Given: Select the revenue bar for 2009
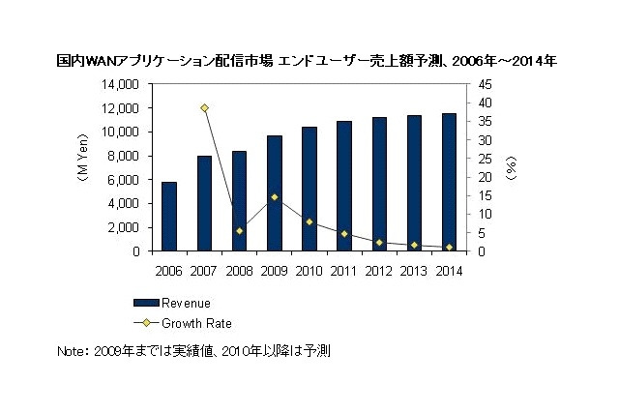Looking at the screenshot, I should point(274,193).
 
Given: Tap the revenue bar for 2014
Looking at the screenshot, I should point(449,183).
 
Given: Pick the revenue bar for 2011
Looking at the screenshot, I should point(343,186).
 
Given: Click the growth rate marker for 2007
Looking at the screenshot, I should point(204,108).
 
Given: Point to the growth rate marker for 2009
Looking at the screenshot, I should point(274,197).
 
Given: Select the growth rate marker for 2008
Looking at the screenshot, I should point(239,231).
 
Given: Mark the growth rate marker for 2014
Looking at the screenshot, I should point(449,248).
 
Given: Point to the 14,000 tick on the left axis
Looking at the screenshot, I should point(122,84).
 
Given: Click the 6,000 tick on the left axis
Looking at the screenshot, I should point(126,180).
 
